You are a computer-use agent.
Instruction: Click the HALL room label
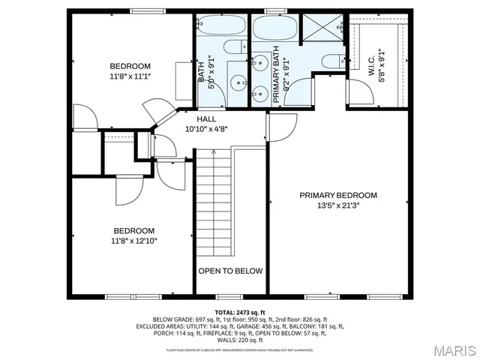207,119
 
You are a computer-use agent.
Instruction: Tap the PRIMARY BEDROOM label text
338,195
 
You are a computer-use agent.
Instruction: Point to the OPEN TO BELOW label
230,271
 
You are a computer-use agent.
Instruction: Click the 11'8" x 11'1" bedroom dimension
130,76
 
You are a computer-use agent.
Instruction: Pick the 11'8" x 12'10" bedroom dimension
134,241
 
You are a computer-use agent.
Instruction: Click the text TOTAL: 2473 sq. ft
239,312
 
